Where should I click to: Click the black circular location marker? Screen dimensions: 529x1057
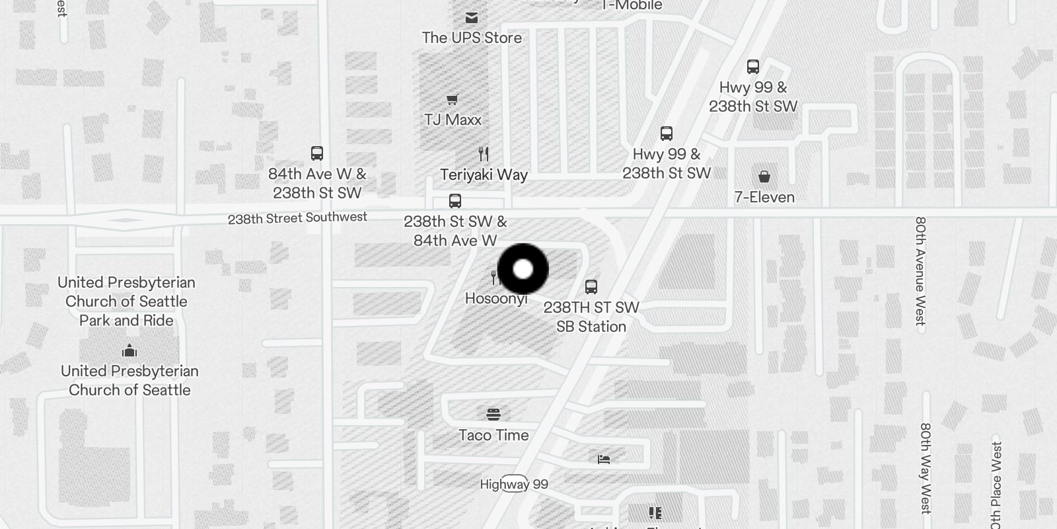pyautogui.click(x=523, y=269)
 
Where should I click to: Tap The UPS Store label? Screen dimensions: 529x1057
pyautogui.click(x=472, y=38)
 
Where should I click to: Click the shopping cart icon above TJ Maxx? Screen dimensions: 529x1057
pyautogui.click(x=452, y=100)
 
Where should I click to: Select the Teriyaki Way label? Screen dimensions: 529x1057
pyautogui.click(x=484, y=175)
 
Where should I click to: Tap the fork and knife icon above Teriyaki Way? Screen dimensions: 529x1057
pyautogui.click(x=484, y=154)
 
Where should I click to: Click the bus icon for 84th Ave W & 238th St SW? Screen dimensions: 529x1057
pyautogui.click(x=317, y=153)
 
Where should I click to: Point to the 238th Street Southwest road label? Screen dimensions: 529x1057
pyautogui.click(x=297, y=218)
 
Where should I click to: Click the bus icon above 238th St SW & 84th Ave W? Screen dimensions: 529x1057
pyautogui.click(x=455, y=201)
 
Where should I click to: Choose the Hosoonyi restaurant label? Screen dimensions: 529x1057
pyautogui.click(x=495, y=299)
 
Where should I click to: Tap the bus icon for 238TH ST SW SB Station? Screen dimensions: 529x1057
pyautogui.click(x=591, y=287)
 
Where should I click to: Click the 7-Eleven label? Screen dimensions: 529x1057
pyautogui.click(x=764, y=197)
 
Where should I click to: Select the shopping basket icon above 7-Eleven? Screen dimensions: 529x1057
pyautogui.click(x=764, y=177)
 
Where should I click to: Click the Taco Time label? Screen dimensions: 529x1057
pyautogui.click(x=493, y=435)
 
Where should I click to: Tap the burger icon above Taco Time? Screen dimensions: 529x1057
pyautogui.click(x=493, y=415)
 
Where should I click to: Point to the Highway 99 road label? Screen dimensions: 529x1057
pyautogui.click(x=514, y=484)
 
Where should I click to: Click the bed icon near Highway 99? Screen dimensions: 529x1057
pyautogui.click(x=604, y=459)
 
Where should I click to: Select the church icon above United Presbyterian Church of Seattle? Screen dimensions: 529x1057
pyautogui.click(x=129, y=350)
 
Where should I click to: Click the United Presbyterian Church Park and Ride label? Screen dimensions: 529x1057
pyautogui.click(x=126, y=302)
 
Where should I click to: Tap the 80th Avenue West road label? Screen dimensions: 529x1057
pyautogui.click(x=920, y=271)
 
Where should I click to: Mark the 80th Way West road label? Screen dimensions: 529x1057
pyautogui.click(x=926, y=468)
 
